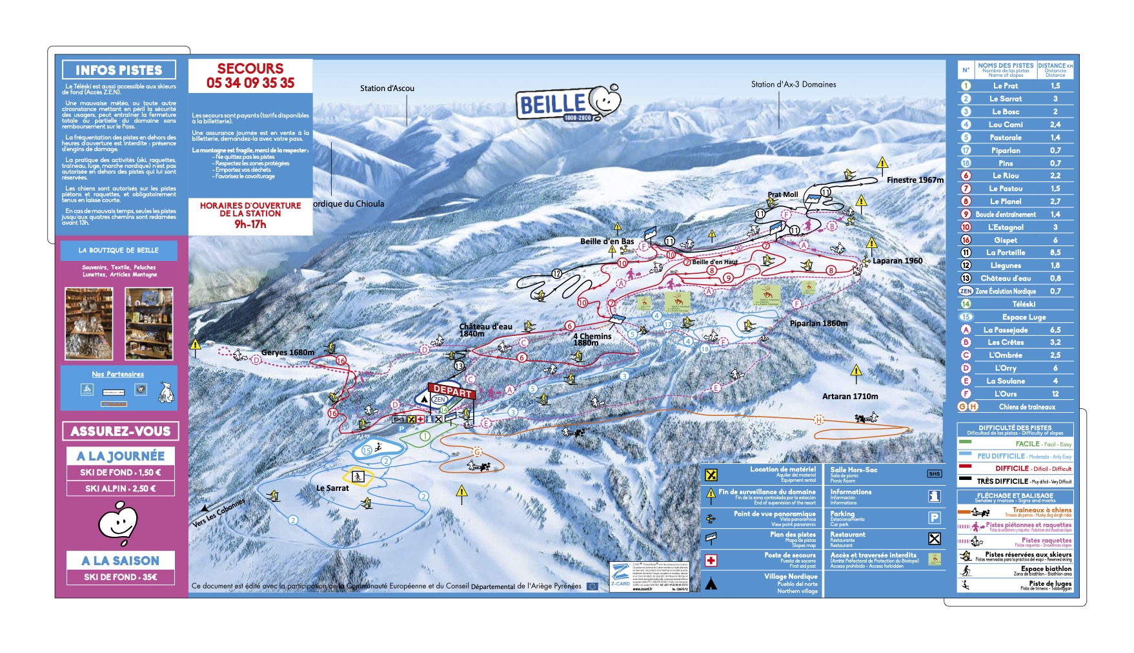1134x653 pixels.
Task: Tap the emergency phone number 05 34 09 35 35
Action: pyautogui.click(x=250, y=83)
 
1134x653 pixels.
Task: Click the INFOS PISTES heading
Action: pyautogui.click(x=119, y=70)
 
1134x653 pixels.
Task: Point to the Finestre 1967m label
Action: pyautogui.click(x=915, y=180)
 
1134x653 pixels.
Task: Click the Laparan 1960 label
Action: pyautogui.click(x=897, y=261)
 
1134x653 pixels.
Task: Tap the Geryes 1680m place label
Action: pyautogui.click(x=288, y=353)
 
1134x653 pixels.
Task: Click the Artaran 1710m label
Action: pyautogui.click(x=850, y=397)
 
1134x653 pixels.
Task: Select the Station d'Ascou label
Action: pyautogui.click(x=387, y=88)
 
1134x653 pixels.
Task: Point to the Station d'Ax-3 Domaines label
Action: pyautogui.click(x=793, y=85)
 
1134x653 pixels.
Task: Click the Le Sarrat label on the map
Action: pyautogui.click(x=332, y=488)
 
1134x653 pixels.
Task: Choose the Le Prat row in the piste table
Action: pyautogui.click(x=1006, y=86)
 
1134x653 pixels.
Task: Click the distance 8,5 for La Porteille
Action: pyautogui.click(x=1055, y=253)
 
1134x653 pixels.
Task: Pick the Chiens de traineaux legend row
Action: pyautogui.click(x=1026, y=407)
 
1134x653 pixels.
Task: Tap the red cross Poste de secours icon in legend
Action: pyautogui.click(x=711, y=560)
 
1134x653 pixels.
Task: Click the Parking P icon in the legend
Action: pyautogui.click(x=934, y=517)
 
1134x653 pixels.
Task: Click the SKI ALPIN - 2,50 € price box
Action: pyautogui.click(x=121, y=489)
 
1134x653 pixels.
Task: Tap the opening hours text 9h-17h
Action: pyautogui.click(x=250, y=224)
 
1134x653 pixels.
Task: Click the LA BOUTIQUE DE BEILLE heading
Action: pyautogui.click(x=119, y=251)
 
